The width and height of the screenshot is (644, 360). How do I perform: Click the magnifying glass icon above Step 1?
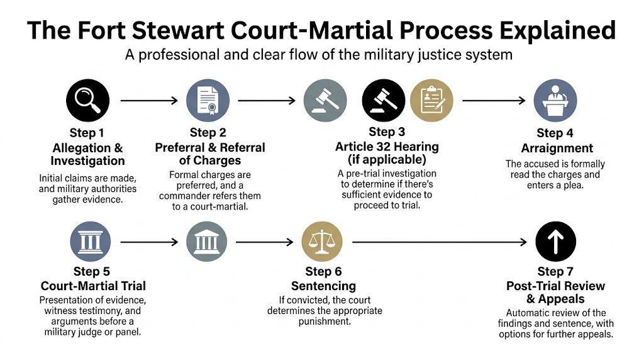(88, 100)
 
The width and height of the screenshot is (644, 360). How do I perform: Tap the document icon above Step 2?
(208, 100)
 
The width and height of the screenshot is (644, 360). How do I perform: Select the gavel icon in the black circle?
(384, 100)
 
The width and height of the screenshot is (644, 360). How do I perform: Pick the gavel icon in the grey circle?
(325, 100)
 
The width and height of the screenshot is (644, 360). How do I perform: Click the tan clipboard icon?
(431, 100)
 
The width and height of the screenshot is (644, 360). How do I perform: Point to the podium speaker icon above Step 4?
(555, 100)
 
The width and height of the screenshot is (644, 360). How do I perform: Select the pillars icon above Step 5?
(91, 242)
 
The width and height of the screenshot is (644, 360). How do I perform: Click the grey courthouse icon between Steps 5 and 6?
(208, 242)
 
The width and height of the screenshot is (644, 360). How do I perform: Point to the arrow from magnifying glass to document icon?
(148, 100)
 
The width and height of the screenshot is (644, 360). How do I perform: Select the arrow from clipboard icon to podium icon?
(493, 100)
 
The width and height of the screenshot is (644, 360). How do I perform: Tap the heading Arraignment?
(557, 149)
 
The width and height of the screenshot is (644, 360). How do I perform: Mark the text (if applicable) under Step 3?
(386, 160)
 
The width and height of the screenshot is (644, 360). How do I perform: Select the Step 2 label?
(208, 133)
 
